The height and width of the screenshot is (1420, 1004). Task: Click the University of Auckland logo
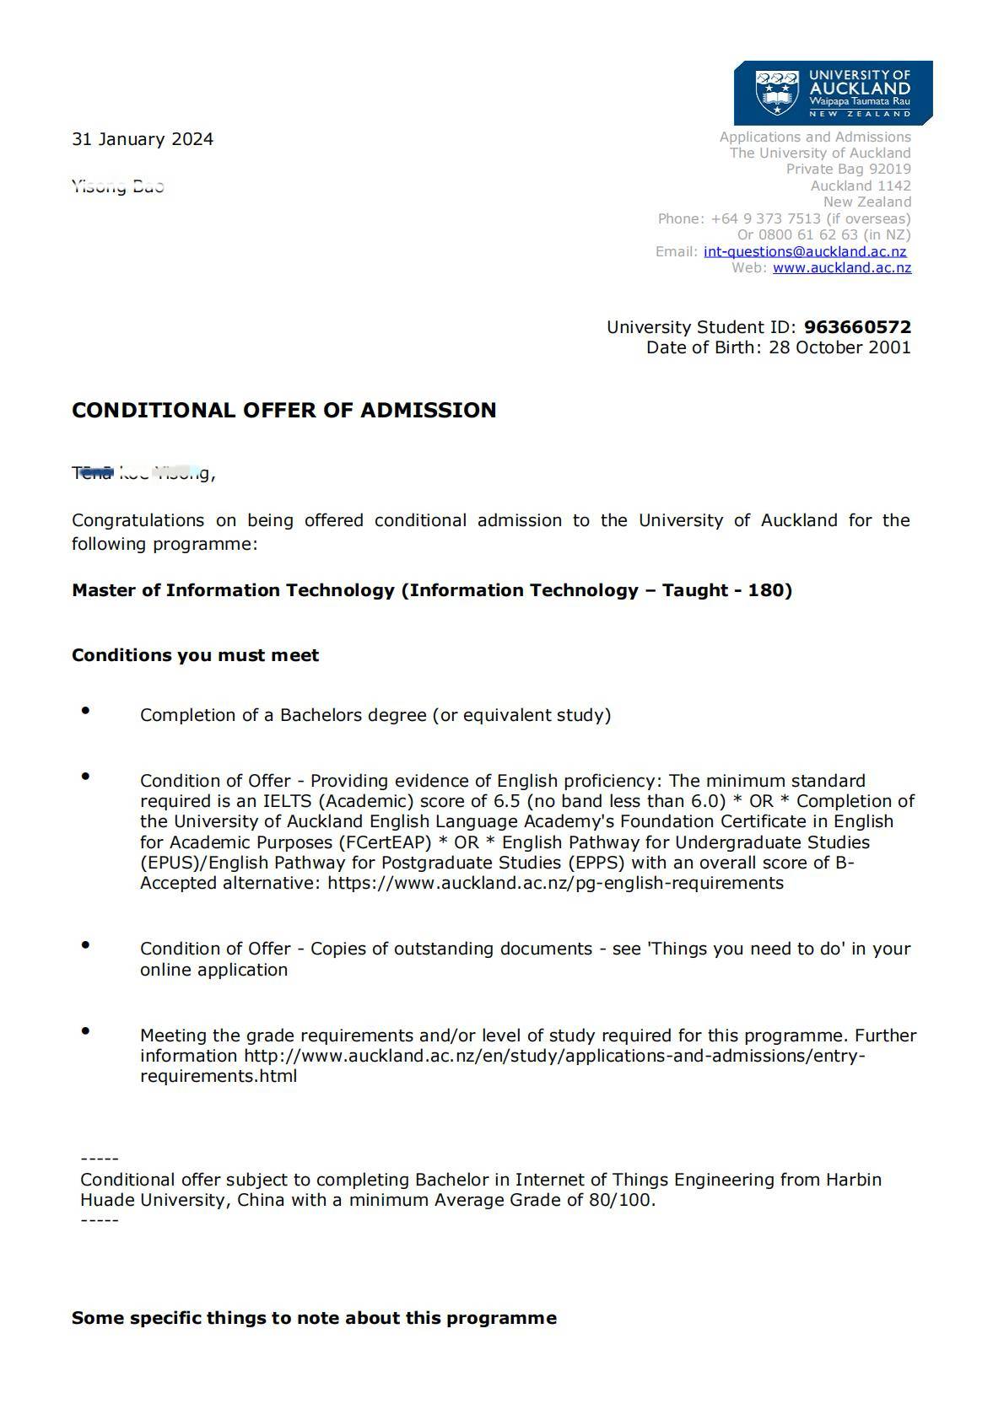833,92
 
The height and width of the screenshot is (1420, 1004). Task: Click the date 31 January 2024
143,139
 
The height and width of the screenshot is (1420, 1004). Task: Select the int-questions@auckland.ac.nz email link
805,251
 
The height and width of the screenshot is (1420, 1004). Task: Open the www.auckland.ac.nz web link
842,267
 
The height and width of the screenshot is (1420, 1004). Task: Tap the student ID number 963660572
857,327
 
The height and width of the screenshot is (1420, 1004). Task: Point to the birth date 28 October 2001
839,347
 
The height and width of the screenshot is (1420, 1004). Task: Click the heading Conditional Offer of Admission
283,411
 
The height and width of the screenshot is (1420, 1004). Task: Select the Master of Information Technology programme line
431,590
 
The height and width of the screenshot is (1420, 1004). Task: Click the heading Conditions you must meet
195,655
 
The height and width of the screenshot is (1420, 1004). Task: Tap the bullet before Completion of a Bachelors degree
85,711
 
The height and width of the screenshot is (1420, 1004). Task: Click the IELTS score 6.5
506,801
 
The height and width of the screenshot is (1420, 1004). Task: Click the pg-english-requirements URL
555,883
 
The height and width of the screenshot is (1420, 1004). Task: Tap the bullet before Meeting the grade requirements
85,1031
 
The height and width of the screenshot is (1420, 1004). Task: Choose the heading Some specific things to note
314,1318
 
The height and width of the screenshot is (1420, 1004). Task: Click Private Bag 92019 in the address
848,169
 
